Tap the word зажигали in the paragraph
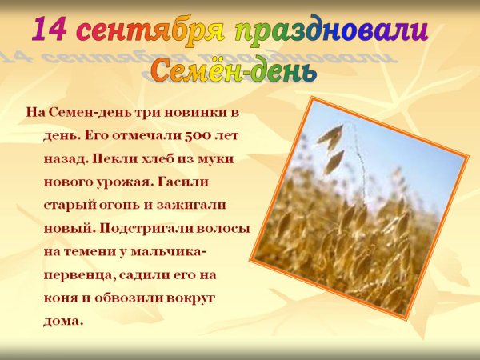click(x=189, y=204)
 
